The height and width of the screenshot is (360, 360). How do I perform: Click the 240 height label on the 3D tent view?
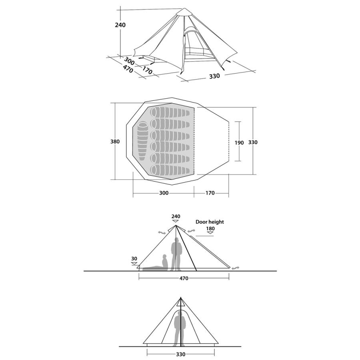pos(120,25)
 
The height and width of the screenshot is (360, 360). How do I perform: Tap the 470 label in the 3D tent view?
pos(128,69)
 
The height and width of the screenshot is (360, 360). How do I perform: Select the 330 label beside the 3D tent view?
pos(214,76)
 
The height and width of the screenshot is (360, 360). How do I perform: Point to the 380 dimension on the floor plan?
pos(115,142)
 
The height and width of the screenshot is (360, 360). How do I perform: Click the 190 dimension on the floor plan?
pos(239,142)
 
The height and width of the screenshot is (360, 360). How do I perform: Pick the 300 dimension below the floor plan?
pos(164,193)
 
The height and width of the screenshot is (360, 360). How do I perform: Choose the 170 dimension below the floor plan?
pos(210,193)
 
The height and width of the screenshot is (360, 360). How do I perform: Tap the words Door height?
pos(210,222)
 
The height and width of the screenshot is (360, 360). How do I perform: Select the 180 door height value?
pos(210,228)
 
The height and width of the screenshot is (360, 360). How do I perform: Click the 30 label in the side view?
pos(134,259)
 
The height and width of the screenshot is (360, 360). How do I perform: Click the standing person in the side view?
pos(176,254)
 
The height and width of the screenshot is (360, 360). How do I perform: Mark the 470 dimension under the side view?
pos(184,278)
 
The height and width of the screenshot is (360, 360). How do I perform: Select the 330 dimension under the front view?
pos(181,354)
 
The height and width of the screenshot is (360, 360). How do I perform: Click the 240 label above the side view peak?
pos(176,216)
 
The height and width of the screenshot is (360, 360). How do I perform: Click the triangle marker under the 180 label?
pos(210,233)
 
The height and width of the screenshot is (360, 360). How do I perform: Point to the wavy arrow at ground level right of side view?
pos(235,268)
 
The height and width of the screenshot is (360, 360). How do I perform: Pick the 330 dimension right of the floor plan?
pos(253,142)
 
